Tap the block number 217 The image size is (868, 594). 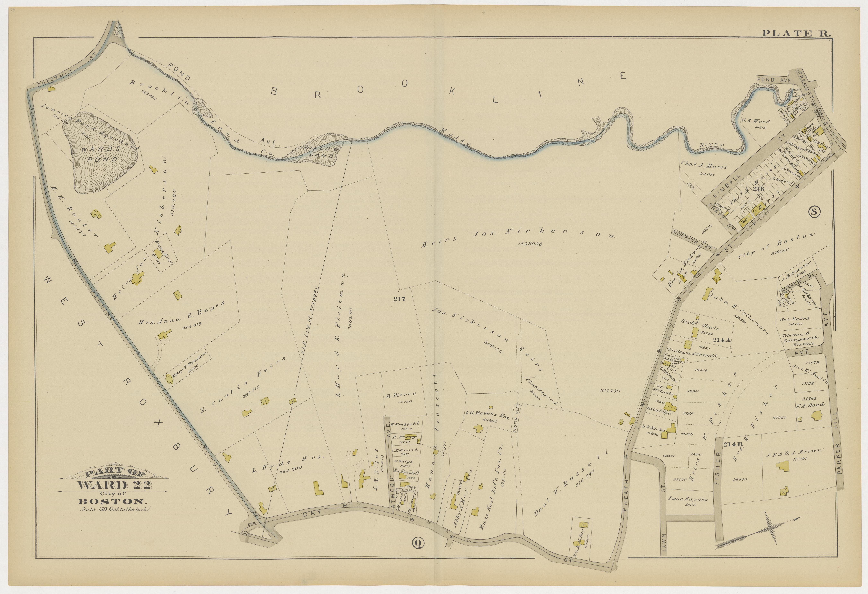pyautogui.click(x=399, y=299)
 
